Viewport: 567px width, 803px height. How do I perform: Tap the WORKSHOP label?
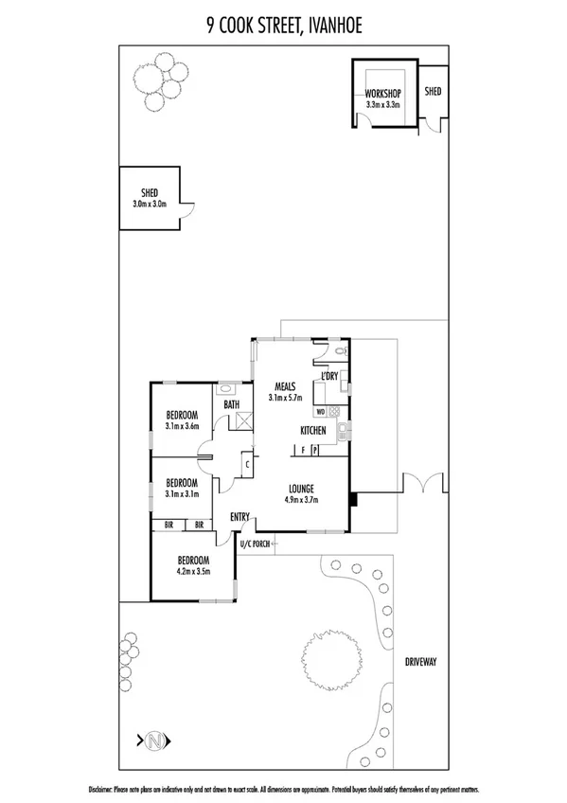383,93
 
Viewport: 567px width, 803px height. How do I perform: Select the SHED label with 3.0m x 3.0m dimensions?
150,192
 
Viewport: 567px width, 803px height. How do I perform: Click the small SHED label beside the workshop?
433,92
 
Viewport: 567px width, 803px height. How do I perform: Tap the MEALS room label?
287,386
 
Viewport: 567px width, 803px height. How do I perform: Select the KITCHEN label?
313,431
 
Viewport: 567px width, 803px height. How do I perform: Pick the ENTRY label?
239,517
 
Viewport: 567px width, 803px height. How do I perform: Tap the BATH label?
231,405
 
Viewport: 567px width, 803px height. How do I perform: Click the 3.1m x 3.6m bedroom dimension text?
182,427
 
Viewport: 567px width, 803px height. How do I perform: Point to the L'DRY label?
329,377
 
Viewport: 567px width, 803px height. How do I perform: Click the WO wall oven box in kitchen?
321,412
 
